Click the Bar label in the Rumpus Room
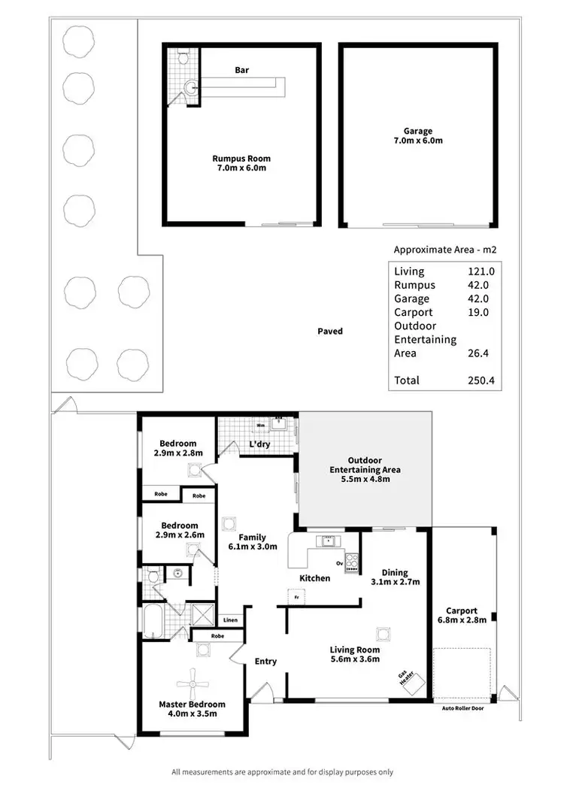pyautogui.click(x=241, y=70)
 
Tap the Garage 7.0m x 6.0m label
pyautogui.click(x=417, y=135)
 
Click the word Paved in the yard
pyautogui.click(x=330, y=331)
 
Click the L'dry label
pyautogui.click(x=259, y=444)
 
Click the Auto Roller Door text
pyautogui.click(x=467, y=708)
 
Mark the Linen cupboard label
pyautogui.click(x=230, y=620)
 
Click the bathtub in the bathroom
pyautogui.click(x=153, y=620)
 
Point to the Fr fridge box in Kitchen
pyautogui.click(x=298, y=597)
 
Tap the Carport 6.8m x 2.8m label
pyautogui.click(x=462, y=615)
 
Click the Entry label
pyautogui.click(x=265, y=662)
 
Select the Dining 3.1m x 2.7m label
pyautogui.click(x=395, y=576)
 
